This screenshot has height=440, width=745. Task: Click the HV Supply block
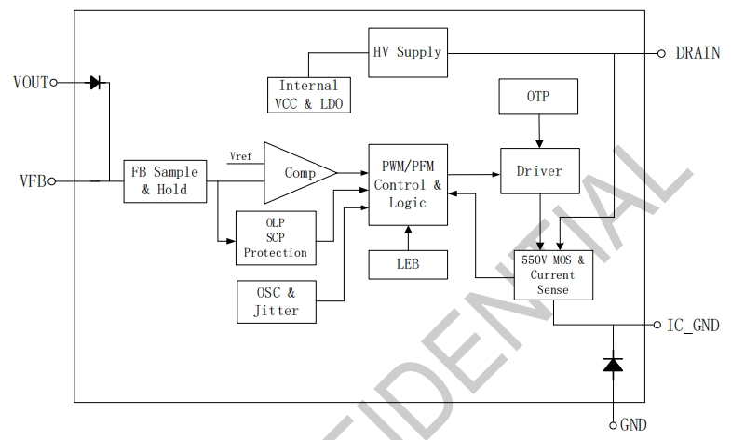[x=406, y=52]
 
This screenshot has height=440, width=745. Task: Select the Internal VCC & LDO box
[x=309, y=95]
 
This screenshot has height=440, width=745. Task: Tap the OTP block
[x=538, y=97]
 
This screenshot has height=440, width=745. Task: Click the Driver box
[x=538, y=171]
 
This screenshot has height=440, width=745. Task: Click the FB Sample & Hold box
[x=165, y=181]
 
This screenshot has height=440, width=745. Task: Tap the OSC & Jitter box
[x=276, y=302]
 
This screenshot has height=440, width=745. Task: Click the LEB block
[x=407, y=265]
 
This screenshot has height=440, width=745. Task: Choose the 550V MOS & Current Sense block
[x=553, y=275]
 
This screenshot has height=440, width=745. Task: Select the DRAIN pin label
[x=698, y=53]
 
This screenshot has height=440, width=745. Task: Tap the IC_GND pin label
[x=693, y=326]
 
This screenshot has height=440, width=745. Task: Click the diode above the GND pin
[x=613, y=365]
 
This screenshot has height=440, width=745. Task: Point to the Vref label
[x=240, y=155]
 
